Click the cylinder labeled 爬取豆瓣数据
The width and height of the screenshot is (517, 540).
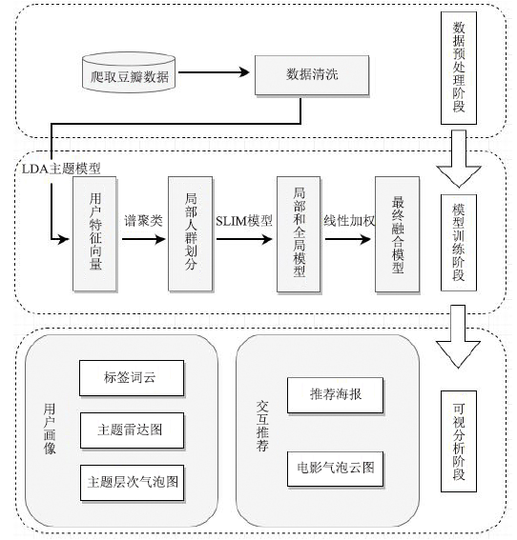click(129, 72)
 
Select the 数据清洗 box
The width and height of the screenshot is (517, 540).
click(312, 75)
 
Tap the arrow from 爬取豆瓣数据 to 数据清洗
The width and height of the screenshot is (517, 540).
click(214, 72)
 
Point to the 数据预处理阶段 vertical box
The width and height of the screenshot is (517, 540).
click(459, 68)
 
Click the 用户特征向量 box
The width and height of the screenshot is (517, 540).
click(94, 234)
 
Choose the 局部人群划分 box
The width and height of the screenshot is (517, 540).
click(190, 234)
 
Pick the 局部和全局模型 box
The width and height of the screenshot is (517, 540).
click(299, 234)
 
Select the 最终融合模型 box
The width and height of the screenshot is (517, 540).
click(398, 234)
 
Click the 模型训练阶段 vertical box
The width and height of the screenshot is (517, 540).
click(459, 243)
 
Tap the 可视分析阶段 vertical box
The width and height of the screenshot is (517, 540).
click(459, 441)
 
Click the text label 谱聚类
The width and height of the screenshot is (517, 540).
click(143, 220)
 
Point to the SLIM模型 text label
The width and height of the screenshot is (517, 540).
click(244, 221)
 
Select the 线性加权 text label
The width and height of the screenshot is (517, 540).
click(349, 220)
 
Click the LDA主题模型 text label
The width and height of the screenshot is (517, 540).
click(61, 169)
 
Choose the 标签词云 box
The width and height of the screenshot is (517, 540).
click(132, 378)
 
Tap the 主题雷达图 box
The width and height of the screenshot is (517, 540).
click(132, 430)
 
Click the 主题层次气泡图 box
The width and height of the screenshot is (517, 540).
click(132, 483)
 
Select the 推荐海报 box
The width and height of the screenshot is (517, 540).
click(335, 395)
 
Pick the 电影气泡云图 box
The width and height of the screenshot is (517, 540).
click(335, 469)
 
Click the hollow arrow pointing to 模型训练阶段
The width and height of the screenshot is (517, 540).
click(459, 159)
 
